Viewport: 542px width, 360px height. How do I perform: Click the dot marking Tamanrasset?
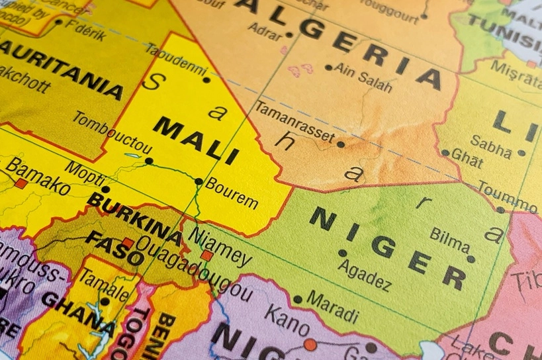pyautogui.click(x=341, y=144)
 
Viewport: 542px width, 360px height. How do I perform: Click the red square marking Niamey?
pyautogui.click(x=206, y=255)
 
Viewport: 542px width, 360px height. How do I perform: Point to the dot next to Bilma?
pyautogui.click(x=471, y=259)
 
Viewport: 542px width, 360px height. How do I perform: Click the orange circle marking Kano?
pyautogui.click(x=310, y=344)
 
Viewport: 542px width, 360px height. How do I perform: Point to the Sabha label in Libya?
pyautogui.click(x=491, y=146)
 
